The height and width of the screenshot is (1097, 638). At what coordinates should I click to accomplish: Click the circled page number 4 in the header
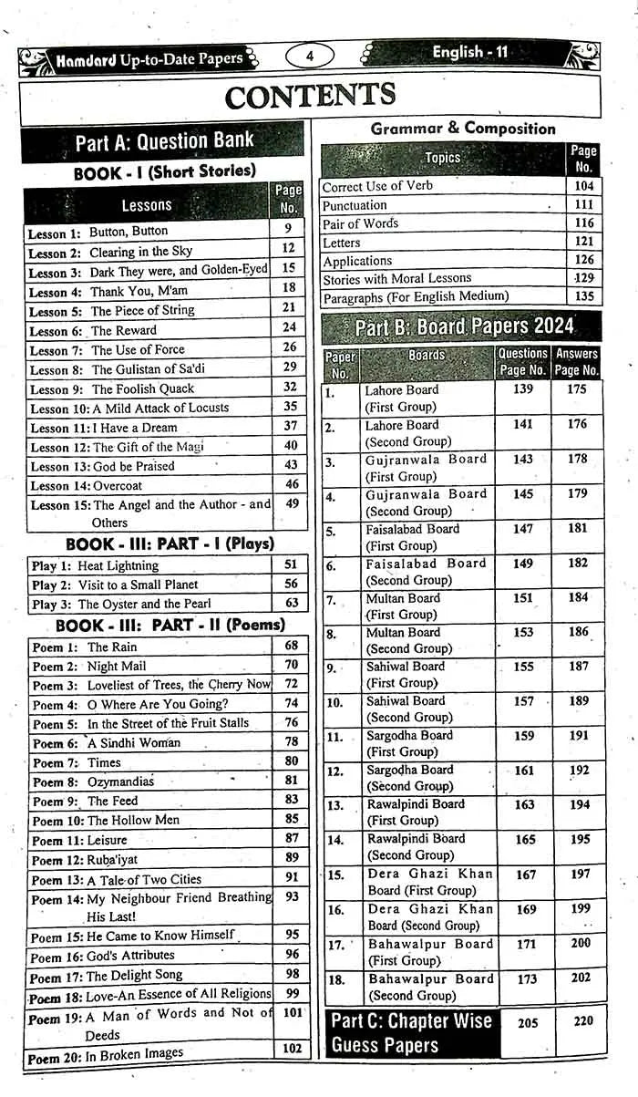(310, 57)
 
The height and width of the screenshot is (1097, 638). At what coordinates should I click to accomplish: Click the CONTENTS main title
(310, 95)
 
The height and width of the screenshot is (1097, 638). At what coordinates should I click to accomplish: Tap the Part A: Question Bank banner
(164, 141)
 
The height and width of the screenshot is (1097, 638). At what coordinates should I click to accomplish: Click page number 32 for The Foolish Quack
(290, 387)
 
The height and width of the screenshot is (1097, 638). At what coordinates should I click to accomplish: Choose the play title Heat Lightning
(118, 565)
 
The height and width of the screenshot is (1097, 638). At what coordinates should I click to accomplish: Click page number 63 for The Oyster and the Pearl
(291, 603)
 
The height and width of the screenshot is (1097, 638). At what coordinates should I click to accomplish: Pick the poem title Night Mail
(116, 666)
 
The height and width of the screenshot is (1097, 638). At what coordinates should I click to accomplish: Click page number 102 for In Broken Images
(291, 1049)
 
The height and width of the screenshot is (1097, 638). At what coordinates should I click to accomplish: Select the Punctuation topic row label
(355, 205)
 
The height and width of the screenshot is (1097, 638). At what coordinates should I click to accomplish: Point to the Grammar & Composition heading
(462, 129)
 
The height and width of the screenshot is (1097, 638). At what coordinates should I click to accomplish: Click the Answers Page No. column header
(577, 362)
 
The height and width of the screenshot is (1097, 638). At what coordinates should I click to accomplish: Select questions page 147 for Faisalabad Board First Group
(523, 529)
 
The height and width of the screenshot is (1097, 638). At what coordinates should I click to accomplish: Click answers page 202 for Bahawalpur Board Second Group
(580, 978)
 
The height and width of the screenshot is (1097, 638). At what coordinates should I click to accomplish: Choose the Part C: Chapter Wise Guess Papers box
(411, 1032)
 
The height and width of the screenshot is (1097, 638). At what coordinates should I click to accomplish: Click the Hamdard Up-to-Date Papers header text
(149, 59)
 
